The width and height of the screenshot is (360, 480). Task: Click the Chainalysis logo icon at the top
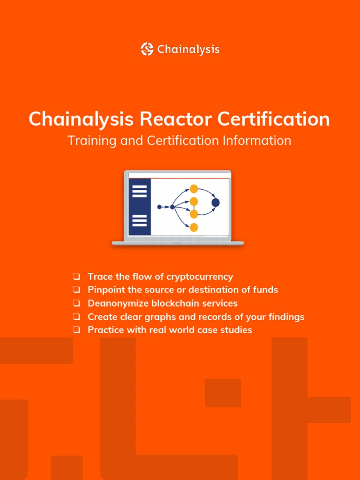[x=147, y=49]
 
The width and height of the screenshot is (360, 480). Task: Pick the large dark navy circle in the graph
[x=216, y=202]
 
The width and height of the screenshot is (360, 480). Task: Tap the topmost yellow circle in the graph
[x=194, y=189]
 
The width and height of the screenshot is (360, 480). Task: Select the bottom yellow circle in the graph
[x=194, y=227]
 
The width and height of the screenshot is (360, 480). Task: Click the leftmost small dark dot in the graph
[x=159, y=207]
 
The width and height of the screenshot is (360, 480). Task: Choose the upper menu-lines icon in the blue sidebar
[x=140, y=191]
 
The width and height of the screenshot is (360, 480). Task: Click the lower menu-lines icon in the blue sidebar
[x=140, y=220]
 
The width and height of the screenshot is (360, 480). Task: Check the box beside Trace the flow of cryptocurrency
[x=76, y=277]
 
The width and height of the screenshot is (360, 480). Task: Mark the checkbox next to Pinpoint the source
[x=76, y=290]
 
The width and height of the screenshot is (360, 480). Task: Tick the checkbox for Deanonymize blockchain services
[x=76, y=303]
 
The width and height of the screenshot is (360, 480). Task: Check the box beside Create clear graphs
[x=76, y=317]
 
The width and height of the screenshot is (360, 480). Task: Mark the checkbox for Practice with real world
[x=76, y=330]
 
